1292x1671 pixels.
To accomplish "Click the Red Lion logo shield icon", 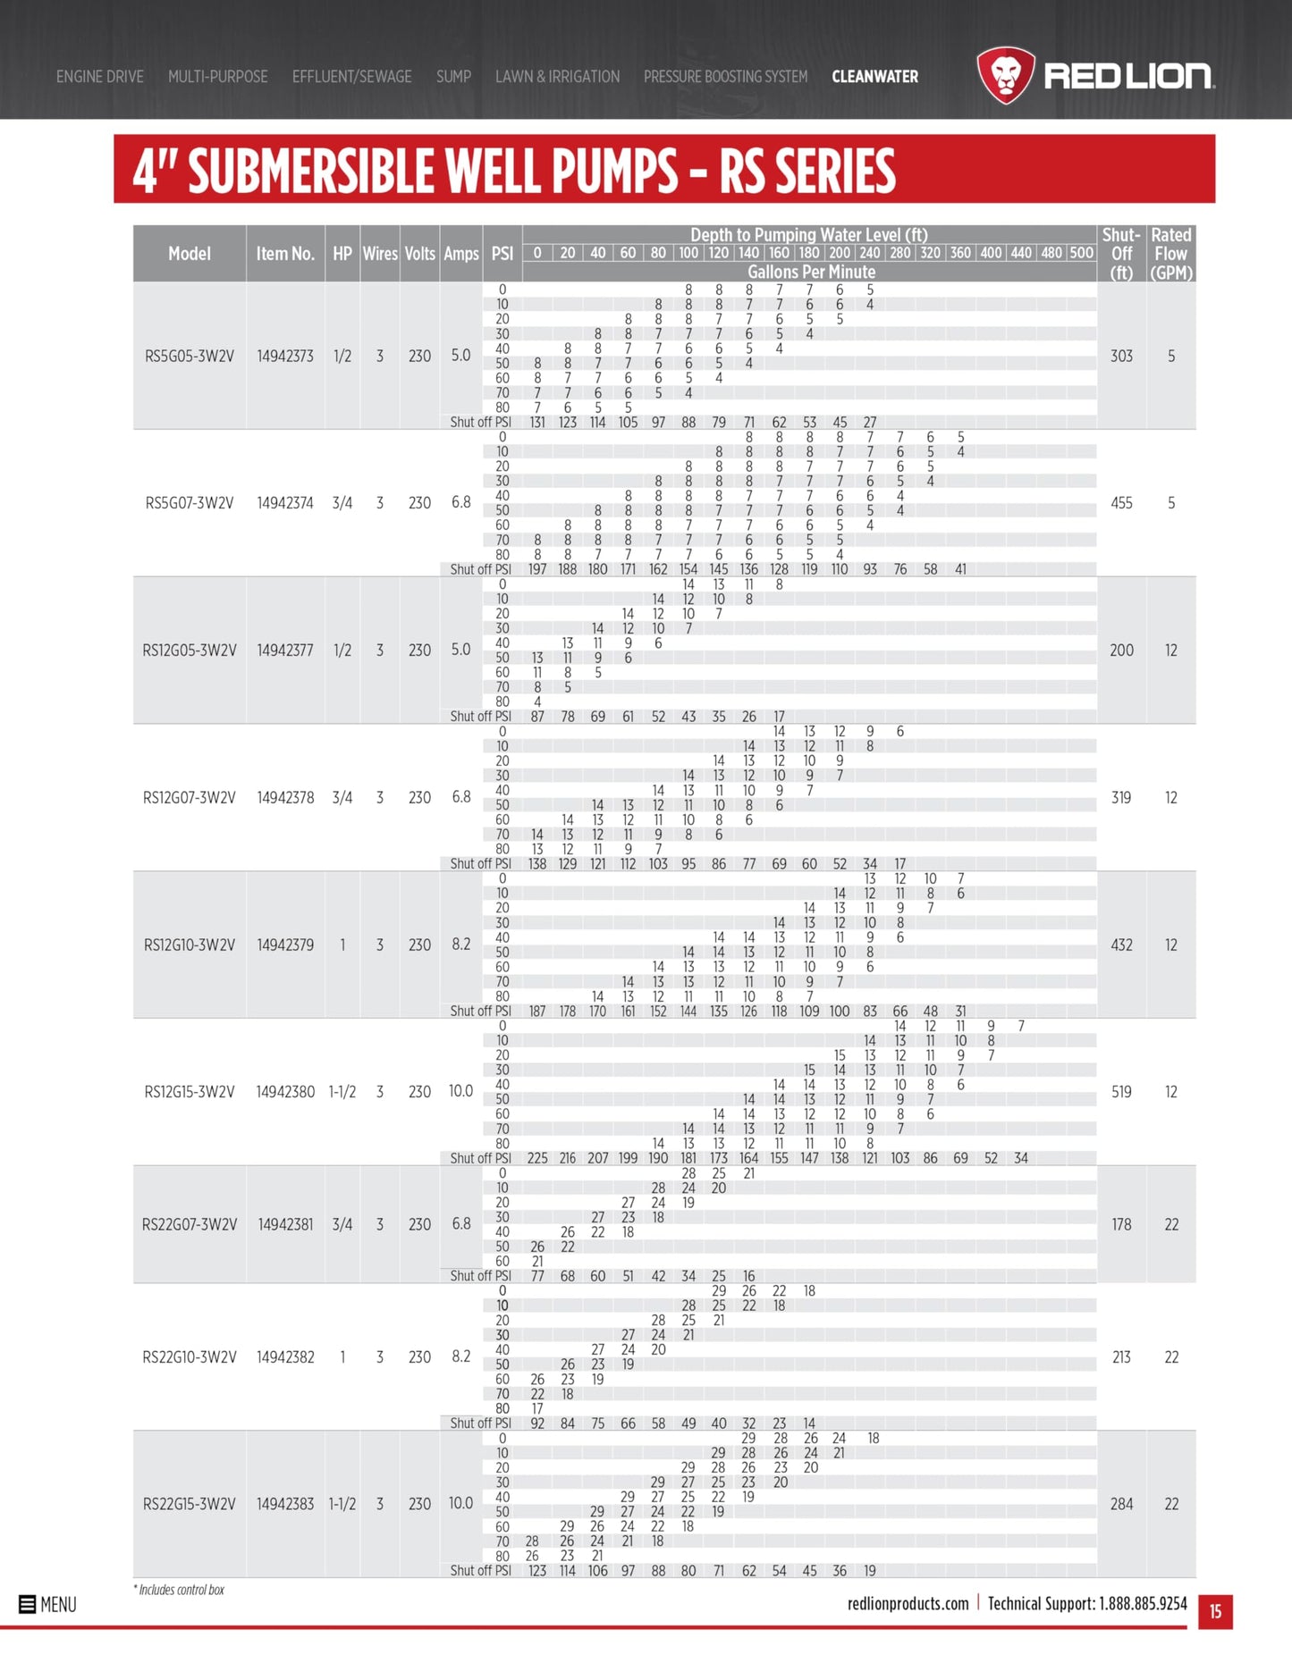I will pyautogui.click(x=1005, y=75).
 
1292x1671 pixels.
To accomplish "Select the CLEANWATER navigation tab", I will pyautogui.click(x=874, y=77).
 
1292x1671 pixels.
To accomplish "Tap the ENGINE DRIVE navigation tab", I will pyautogui.click(x=99, y=77).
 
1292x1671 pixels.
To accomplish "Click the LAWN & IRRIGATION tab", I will pyautogui.click(x=557, y=77).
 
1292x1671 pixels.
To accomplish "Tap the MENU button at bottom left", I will pyautogui.click(x=48, y=1604).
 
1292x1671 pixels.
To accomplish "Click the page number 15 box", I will pyautogui.click(x=1215, y=1611).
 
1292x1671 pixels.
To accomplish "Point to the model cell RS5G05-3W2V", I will pyautogui.click(x=190, y=356).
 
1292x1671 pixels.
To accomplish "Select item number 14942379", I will pyautogui.click(x=285, y=945).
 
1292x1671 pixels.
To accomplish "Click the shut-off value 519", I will pyautogui.click(x=1121, y=1091).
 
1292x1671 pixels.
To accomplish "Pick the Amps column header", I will pyautogui.click(x=461, y=254).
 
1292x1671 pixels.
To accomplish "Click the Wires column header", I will pyautogui.click(x=380, y=254).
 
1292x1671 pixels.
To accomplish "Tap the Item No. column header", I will pyautogui.click(x=285, y=254).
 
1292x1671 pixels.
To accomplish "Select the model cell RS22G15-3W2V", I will pyautogui.click(x=190, y=1504).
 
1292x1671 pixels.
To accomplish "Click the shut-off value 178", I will pyautogui.click(x=1121, y=1224).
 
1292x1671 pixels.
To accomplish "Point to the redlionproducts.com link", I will pyautogui.click(x=908, y=1603).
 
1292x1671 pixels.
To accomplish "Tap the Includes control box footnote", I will pyautogui.click(x=180, y=1590).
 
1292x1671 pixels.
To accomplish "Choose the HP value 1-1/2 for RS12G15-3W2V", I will pyautogui.click(x=342, y=1091).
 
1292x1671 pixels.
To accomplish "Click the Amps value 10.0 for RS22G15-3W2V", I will pyautogui.click(x=460, y=1503).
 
